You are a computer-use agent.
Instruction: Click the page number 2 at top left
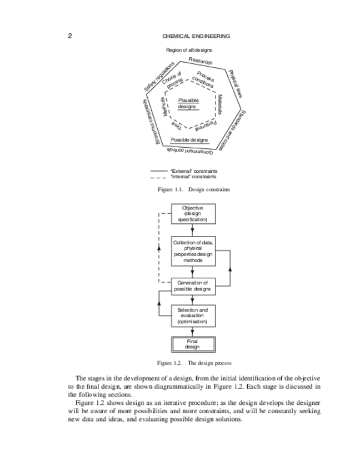(70, 37)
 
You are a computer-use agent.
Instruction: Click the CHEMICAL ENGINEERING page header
(196, 37)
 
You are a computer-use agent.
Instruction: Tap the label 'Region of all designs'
(189, 51)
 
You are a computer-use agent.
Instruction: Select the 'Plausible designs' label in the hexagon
(188, 103)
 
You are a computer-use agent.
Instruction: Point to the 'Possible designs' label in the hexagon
(189, 139)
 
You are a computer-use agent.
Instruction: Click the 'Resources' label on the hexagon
(200, 61)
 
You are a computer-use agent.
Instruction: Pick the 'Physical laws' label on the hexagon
(235, 83)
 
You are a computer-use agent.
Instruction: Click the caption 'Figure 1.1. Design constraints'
(193, 189)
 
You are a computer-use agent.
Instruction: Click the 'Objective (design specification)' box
(192, 214)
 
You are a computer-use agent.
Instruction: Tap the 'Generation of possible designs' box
(192, 286)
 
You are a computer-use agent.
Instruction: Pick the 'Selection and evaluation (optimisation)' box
(192, 315)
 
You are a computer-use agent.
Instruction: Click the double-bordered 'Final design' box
(192, 344)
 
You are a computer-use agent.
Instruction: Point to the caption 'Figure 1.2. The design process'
(194, 363)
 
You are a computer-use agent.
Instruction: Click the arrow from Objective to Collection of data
(192, 231)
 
